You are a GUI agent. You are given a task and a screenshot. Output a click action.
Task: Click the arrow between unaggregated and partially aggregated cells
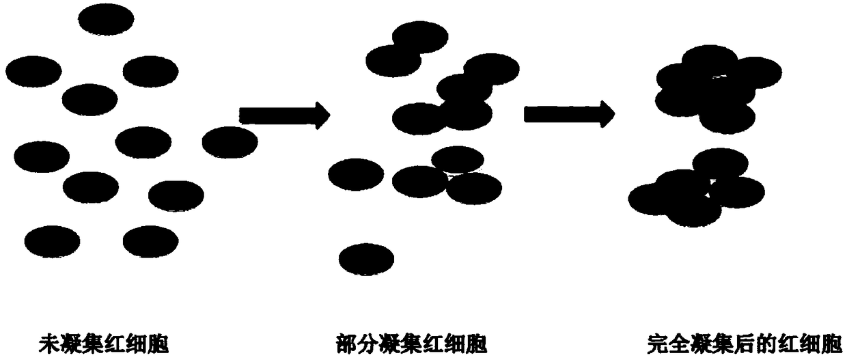pyautogui.click(x=283, y=115)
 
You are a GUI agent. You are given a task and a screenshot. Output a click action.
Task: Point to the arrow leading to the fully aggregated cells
pyautogui.click(x=568, y=113)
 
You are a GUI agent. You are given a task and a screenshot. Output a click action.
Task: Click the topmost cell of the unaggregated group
pyautogui.click(x=106, y=18)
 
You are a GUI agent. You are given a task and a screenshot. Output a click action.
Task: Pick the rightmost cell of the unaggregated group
pyautogui.click(x=230, y=142)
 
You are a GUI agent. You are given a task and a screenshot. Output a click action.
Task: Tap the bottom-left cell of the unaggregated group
pyautogui.click(x=52, y=240)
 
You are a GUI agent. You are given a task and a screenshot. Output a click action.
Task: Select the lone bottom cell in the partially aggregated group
pyautogui.click(x=366, y=258)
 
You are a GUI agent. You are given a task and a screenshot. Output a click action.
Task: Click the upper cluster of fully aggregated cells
pyautogui.click(x=714, y=87)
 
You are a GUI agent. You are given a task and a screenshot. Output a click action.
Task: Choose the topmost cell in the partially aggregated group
pyautogui.click(x=419, y=37)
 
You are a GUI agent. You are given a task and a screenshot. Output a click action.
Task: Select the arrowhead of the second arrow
pyautogui.click(x=605, y=113)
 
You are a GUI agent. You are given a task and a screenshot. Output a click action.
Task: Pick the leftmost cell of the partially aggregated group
pyautogui.click(x=355, y=174)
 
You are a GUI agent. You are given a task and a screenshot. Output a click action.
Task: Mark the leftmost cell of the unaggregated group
pyautogui.click(x=33, y=71)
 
